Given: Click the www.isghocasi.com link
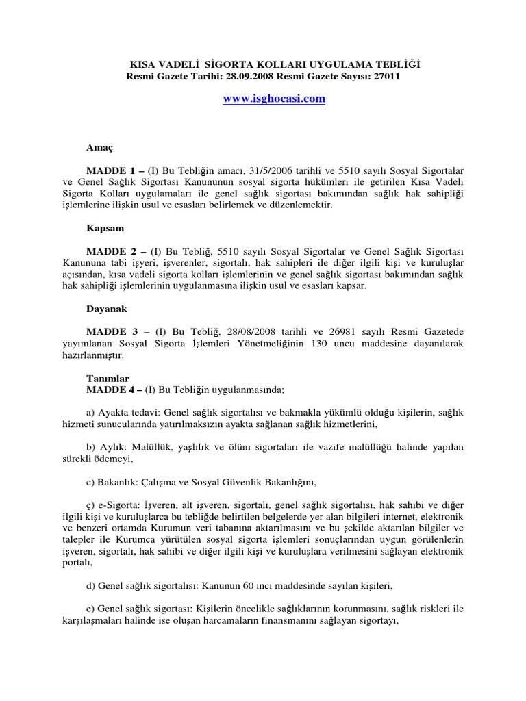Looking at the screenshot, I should click(274, 99).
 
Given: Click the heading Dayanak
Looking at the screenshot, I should click(106, 309).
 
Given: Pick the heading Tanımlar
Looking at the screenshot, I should click(108, 379).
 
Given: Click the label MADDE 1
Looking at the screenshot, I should click(111, 168).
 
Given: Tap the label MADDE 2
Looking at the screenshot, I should click(112, 252).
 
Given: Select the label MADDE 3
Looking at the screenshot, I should click(112, 331).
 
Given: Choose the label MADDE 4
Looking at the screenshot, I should click(110, 390).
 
